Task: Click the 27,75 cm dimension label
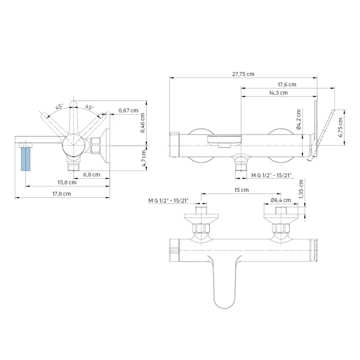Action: (243, 74)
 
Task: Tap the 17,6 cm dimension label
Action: (287, 85)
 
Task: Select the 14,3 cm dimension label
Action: (278, 92)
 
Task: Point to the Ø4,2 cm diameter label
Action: (299, 120)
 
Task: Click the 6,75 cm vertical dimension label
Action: (341, 127)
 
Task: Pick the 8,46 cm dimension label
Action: (142, 123)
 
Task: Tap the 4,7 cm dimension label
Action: (144, 158)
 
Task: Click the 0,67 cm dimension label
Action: (128, 110)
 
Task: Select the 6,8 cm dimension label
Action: (91, 174)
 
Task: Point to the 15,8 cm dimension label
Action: (67, 183)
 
